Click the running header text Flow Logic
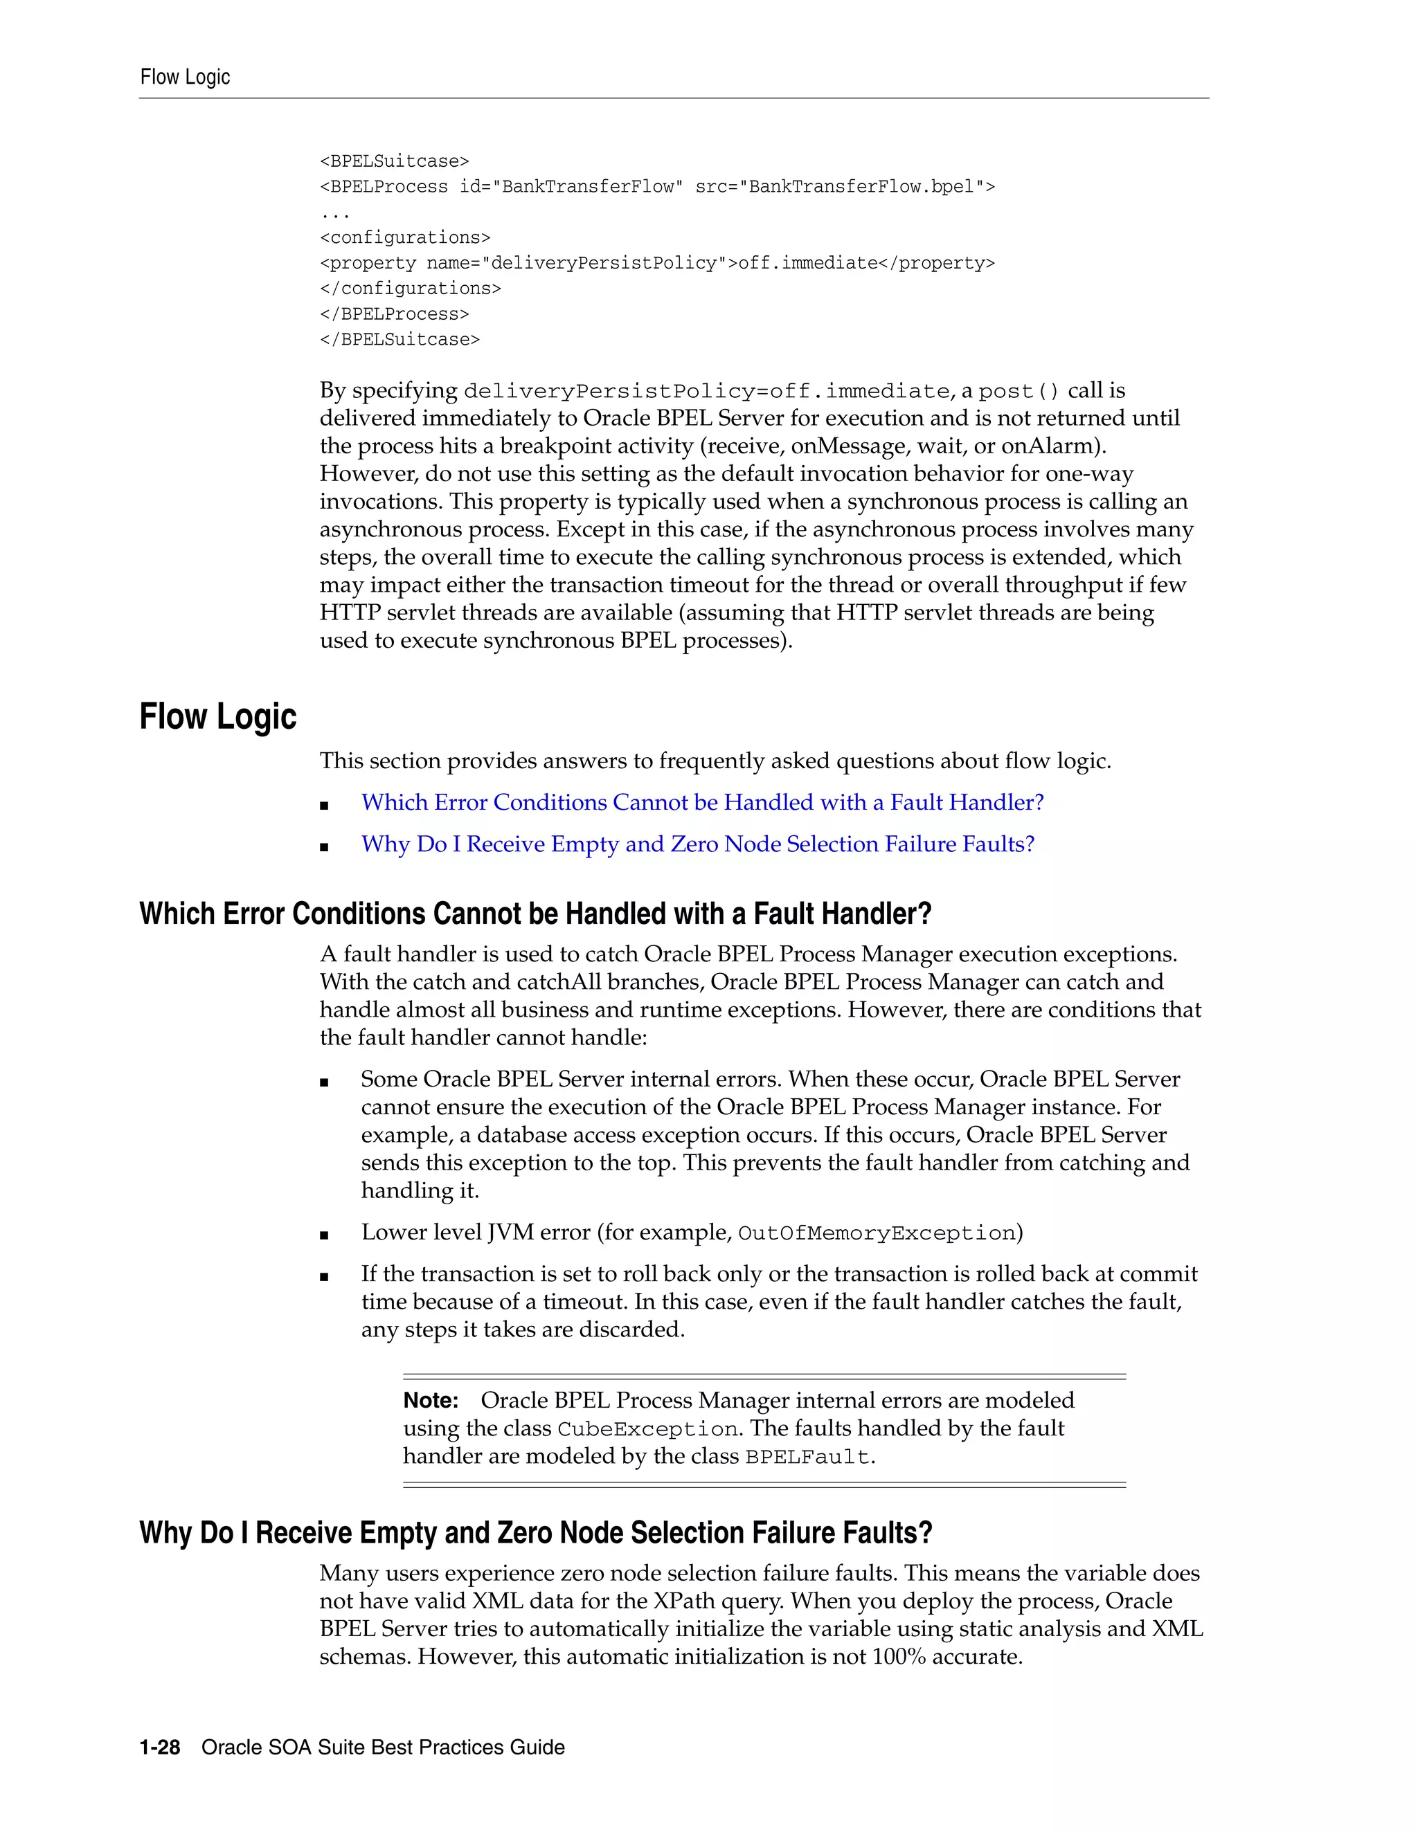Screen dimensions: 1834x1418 [185, 78]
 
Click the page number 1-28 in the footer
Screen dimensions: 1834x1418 [160, 1747]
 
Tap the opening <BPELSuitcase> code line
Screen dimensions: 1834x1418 [394, 161]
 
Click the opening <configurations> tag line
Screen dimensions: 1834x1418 [405, 237]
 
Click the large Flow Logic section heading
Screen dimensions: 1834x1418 [217, 716]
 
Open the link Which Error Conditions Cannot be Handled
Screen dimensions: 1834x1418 [702, 803]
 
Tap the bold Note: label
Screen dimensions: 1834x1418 [430, 1401]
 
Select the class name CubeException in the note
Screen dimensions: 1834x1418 [647, 1429]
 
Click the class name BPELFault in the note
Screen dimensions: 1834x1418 [807, 1457]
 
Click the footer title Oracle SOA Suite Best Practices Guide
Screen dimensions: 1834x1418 [383, 1747]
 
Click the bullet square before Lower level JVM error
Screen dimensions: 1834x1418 [324, 1235]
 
